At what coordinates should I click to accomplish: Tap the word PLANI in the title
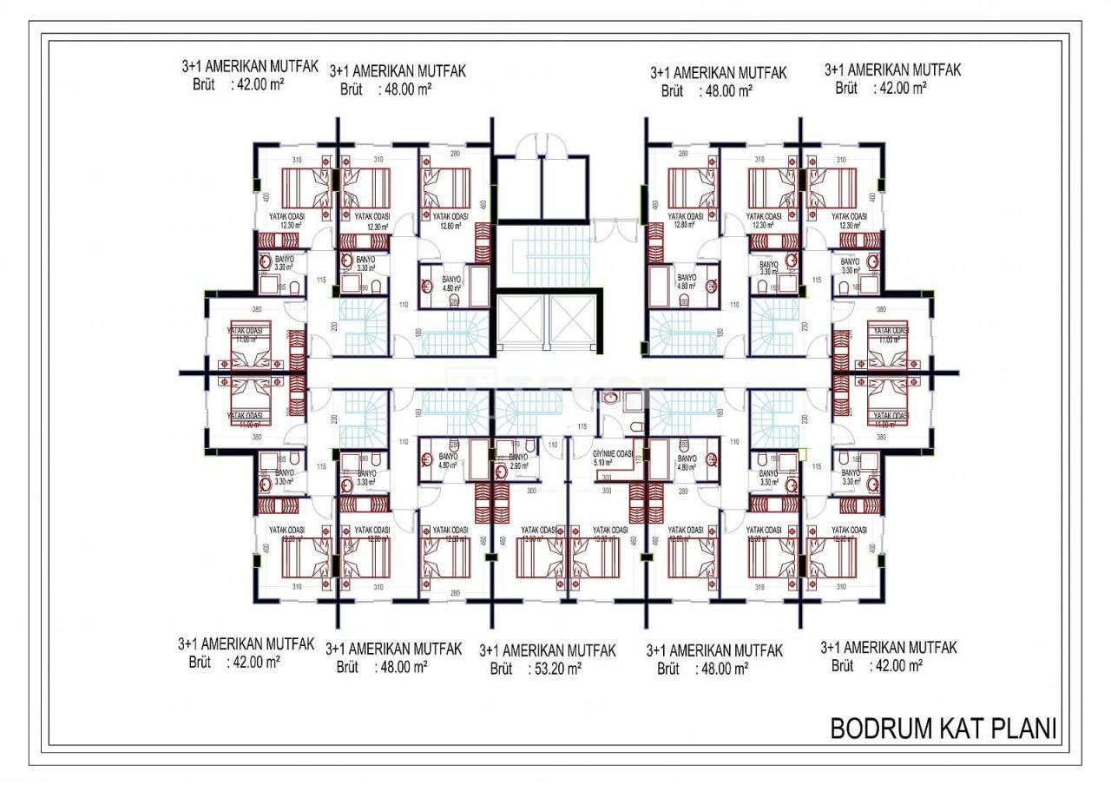[x=1028, y=728]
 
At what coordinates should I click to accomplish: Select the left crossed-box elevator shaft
[x=519, y=322]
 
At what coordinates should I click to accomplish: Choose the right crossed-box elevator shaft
[x=575, y=322]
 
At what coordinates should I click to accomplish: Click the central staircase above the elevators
[x=548, y=253]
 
